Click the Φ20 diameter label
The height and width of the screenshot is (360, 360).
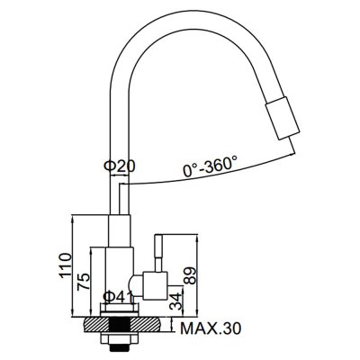120,166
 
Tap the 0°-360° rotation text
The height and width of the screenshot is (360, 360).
211,166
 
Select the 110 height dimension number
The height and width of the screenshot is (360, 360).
66,265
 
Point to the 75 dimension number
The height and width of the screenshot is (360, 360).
84,282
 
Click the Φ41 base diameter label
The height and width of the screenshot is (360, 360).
118,297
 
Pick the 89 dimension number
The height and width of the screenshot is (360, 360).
190,275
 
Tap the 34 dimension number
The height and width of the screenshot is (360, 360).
175,301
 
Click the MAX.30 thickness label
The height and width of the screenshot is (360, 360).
211,328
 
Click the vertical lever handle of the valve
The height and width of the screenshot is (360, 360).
158,254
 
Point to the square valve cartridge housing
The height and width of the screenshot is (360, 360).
155,286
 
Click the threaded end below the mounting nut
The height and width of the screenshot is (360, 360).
120,349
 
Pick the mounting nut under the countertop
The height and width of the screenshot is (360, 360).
120,338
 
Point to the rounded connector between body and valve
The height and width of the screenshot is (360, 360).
136,285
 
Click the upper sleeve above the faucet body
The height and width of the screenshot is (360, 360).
120,231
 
